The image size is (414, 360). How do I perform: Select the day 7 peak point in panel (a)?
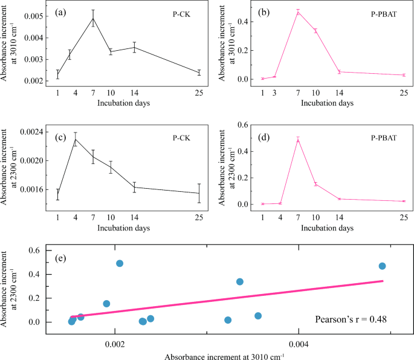click(x=93, y=18)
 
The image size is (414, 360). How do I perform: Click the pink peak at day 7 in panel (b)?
click(x=298, y=12)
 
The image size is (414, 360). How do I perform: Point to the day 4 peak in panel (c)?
click(x=76, y=139)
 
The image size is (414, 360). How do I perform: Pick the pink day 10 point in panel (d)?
click(x=315, y=184)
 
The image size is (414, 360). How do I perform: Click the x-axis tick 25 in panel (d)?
click(x=404, y=217)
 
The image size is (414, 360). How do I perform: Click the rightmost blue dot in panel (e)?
click(x=382, y=266)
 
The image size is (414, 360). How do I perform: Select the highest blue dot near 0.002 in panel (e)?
click(x=120, y=263)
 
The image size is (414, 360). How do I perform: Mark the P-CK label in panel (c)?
click(x=181, y=137)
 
